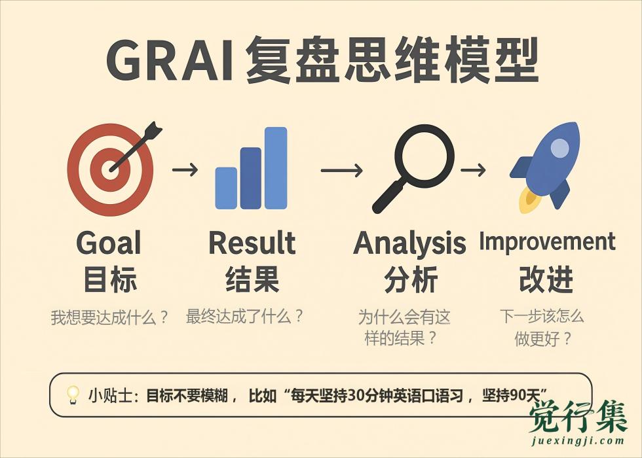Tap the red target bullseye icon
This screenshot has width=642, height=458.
(x=111, y=169)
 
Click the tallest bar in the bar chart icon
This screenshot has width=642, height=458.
(x=276, y=167)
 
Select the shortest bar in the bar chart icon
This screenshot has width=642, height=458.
(x=226, y=188)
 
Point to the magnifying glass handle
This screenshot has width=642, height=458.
(x=389, y=196)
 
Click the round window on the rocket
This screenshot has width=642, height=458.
(x=559, y=148)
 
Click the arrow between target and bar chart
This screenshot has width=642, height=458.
(x=185, y=169)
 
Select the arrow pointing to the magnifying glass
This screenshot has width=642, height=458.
(x=341, y=170)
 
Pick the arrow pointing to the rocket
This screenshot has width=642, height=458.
(x=473, y=169)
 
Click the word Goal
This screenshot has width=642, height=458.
(x=109, y=243)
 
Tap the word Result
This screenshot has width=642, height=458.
(x=252, y=243)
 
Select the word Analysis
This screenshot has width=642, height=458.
(x=409, y=244)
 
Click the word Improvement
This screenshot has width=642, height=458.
(x=547, y=241)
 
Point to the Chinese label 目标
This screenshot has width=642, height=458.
(x=110, y=279)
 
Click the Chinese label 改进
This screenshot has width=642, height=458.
(x=546, y=279)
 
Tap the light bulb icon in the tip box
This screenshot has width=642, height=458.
(x=73, y=395)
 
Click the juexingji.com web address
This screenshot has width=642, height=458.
(x=578, y=441)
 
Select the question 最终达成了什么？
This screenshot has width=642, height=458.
(x=244, y=317)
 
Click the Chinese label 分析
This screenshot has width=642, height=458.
(x=411, y=279)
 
